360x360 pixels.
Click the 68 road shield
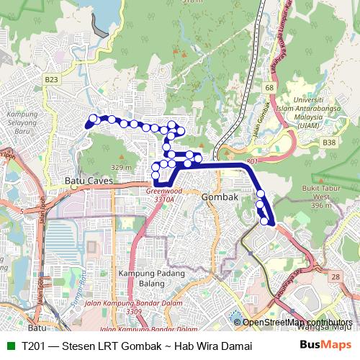point(269,88)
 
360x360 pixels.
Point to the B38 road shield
point(329,143)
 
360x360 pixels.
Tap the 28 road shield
point(334,276)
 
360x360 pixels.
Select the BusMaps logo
point(325,346)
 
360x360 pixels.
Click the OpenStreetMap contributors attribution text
point(297,323)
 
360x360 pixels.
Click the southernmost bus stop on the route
point(264,220)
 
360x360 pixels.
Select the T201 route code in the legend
point(35,346)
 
